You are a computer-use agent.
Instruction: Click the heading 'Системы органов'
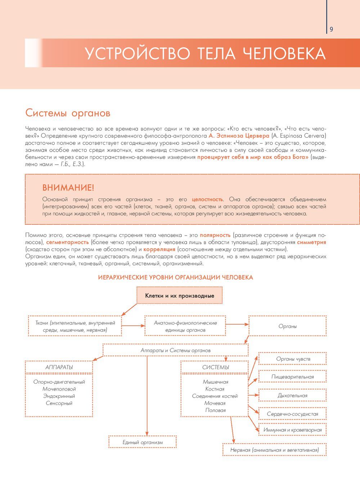coord(68,113)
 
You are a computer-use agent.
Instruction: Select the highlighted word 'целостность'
coord(207,199)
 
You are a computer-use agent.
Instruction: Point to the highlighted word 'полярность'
coord(215,235)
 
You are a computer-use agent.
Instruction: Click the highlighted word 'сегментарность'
coord(67,242)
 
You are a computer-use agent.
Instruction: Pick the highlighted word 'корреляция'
coord(159,249)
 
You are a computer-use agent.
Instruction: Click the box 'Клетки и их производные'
coord(180,296)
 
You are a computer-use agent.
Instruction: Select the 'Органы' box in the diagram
coord(288,326)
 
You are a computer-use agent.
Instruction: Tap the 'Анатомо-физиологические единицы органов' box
coord(185,326)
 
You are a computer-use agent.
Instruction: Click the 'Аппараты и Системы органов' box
coord(176,350)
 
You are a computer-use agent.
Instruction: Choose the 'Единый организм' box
coord(143,442)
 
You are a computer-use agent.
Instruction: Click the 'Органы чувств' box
coord(293,359)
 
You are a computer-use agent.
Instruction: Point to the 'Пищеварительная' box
coord(293,377)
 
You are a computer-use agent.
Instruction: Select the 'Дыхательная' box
coord(293,396)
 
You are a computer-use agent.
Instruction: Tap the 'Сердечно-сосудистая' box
coord(293,414)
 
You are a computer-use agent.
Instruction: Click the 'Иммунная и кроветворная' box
coord(293,430)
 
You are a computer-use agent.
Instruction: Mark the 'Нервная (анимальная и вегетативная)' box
coord(274,450)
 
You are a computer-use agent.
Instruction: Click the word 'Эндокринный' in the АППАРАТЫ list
coord(59,396)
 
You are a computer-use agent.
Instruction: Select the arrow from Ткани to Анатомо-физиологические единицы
coord(133,326)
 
